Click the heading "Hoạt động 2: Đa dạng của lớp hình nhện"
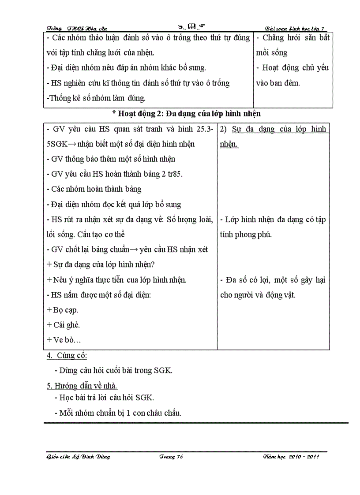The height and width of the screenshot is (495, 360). coord(187,114)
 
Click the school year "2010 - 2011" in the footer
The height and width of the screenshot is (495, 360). coord(304,457)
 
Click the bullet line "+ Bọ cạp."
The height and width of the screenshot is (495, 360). coord(62,310)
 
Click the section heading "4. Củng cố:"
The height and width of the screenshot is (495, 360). coord(67,355)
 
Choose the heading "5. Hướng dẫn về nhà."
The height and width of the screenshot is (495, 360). coord(82,386)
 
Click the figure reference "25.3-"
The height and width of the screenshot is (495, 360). coord(204,129)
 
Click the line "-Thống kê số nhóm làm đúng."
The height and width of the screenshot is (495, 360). coord(96,98)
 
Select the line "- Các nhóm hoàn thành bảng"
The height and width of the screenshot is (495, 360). coord(94,189)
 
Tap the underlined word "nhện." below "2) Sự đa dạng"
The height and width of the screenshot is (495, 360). coord(229,144)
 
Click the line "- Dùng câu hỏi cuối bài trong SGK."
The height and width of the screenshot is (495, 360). coord(113,370)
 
